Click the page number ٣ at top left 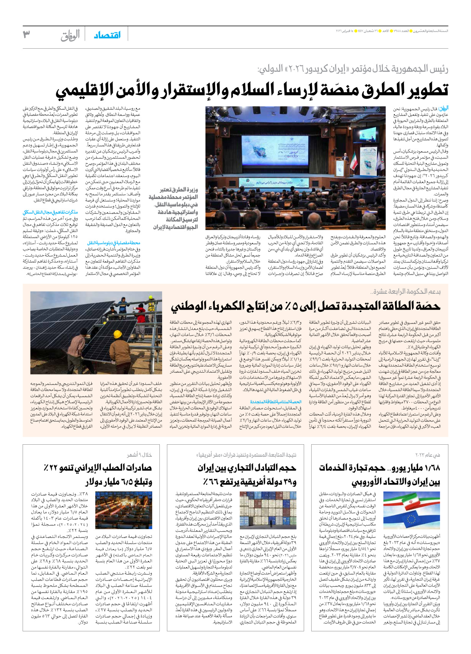click(x=26, y=35)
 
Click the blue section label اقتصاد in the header click(x=107, y=35)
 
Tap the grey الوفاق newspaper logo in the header click(x=70, y=35)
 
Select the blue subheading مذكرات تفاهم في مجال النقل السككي click(x=50, y=212)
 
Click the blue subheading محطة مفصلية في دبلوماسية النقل click(x=114, y=243)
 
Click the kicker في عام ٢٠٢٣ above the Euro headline click(x=427, y=455)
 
